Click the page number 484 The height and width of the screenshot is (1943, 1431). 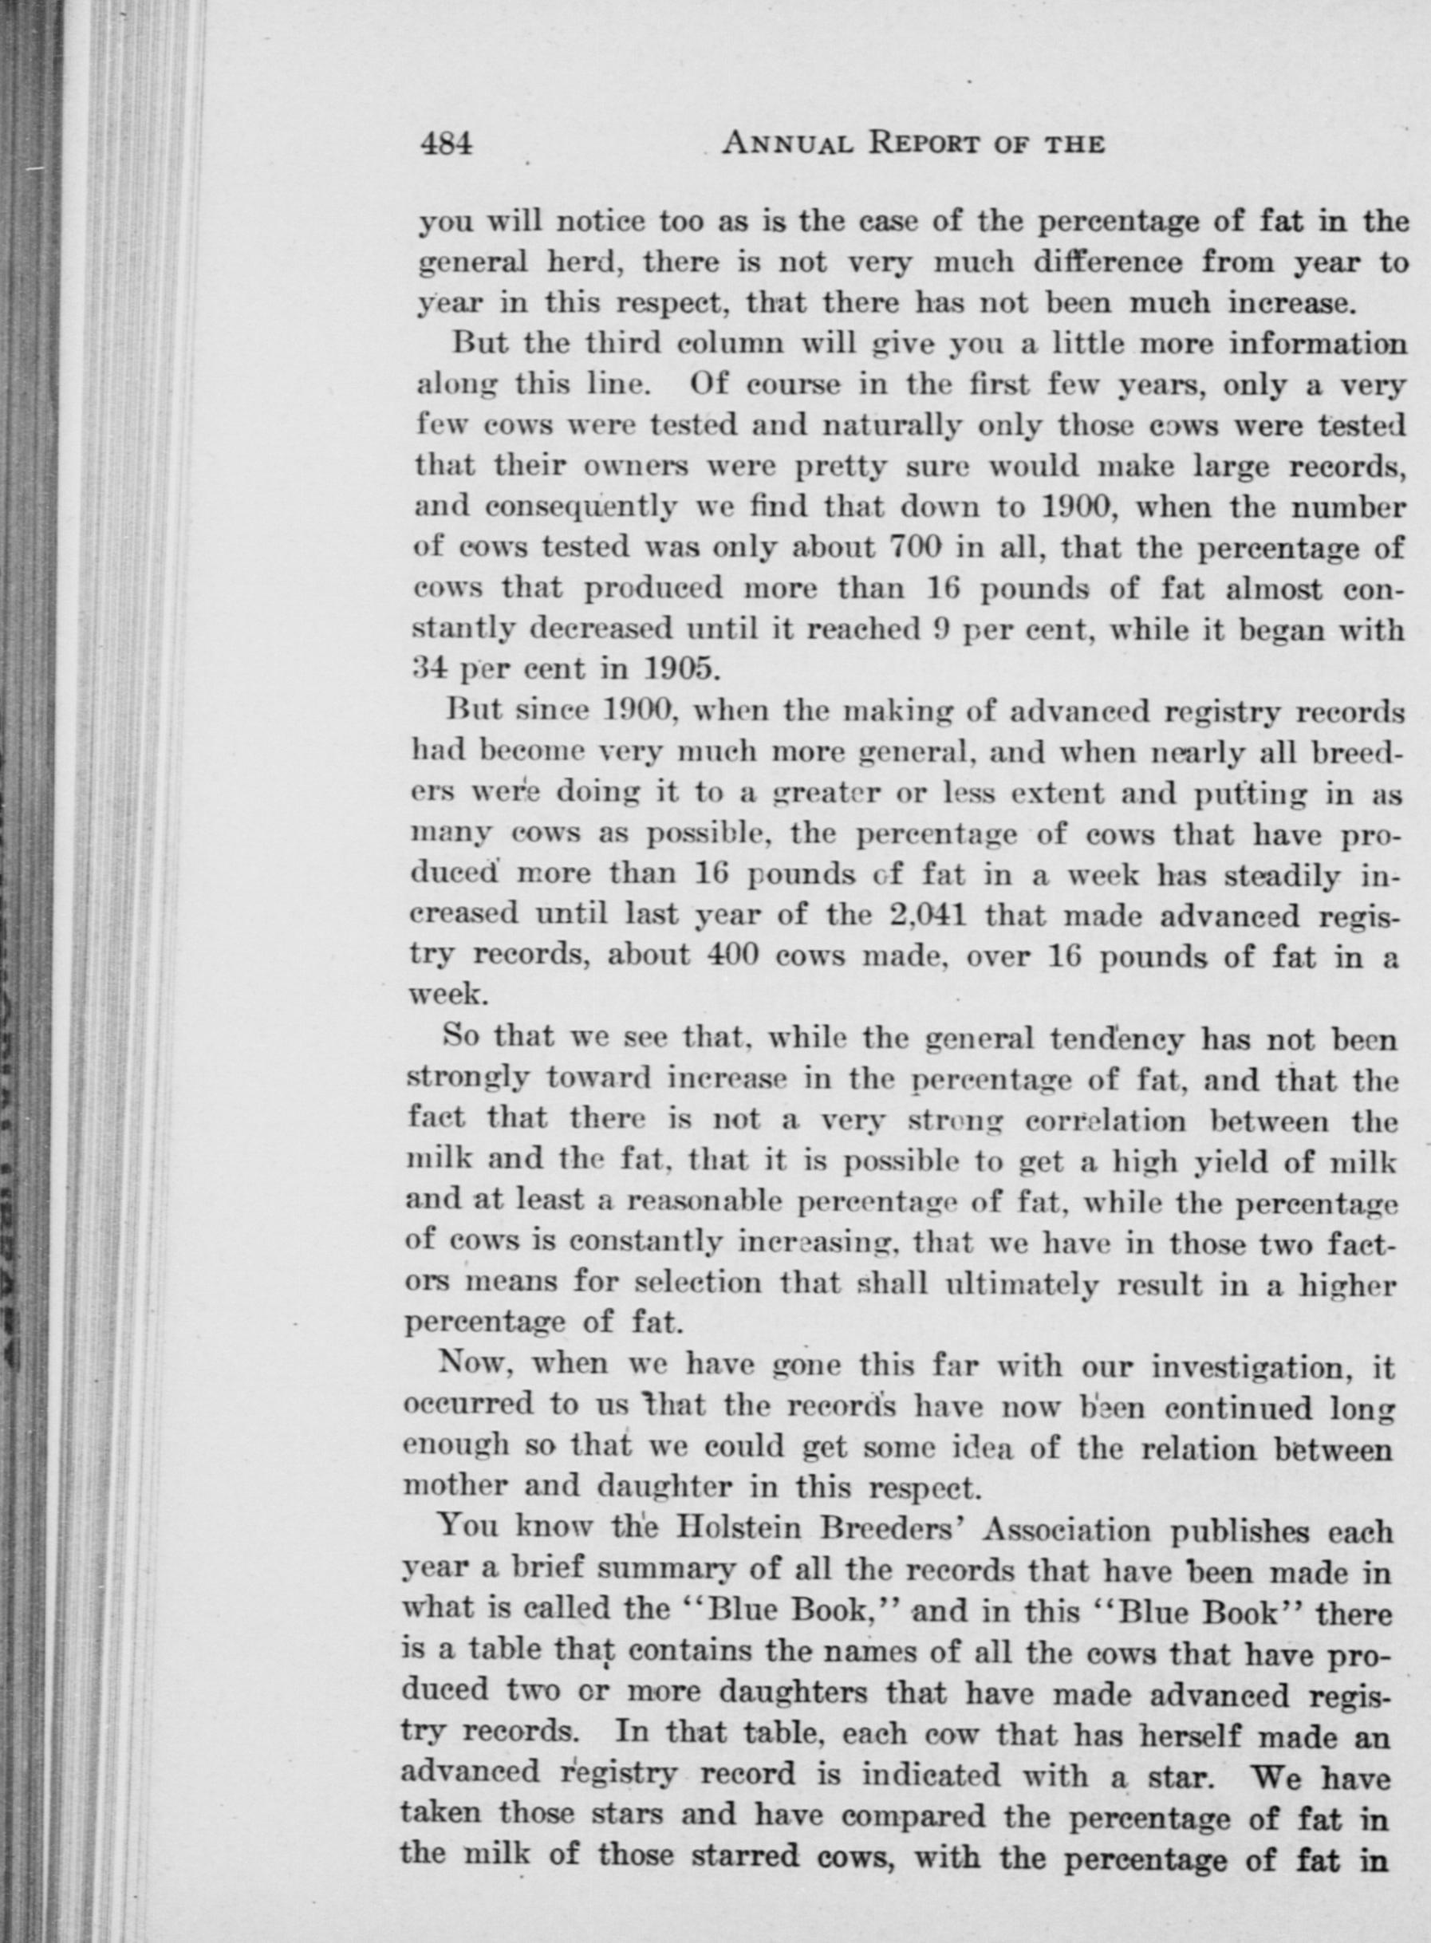(446, 143)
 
